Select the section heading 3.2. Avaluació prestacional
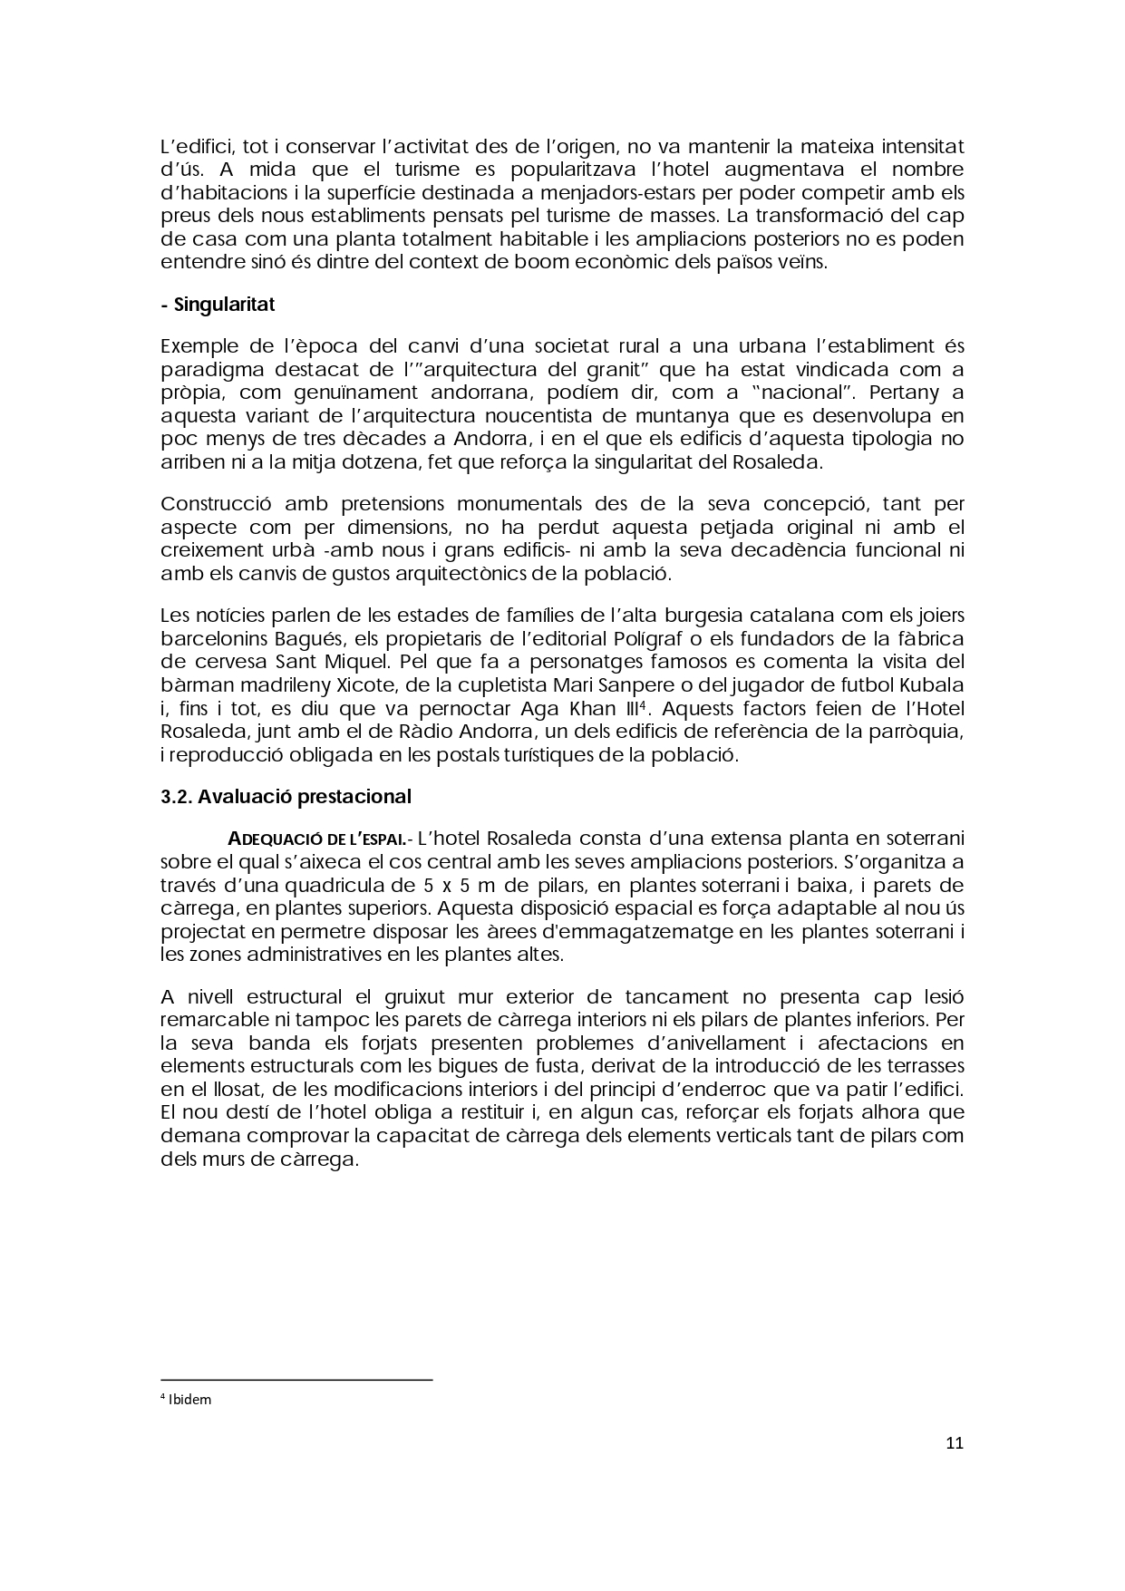point(286,797)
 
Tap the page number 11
point(954,1444)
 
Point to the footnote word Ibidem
point(189,1399)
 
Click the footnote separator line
point(296,1380)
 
